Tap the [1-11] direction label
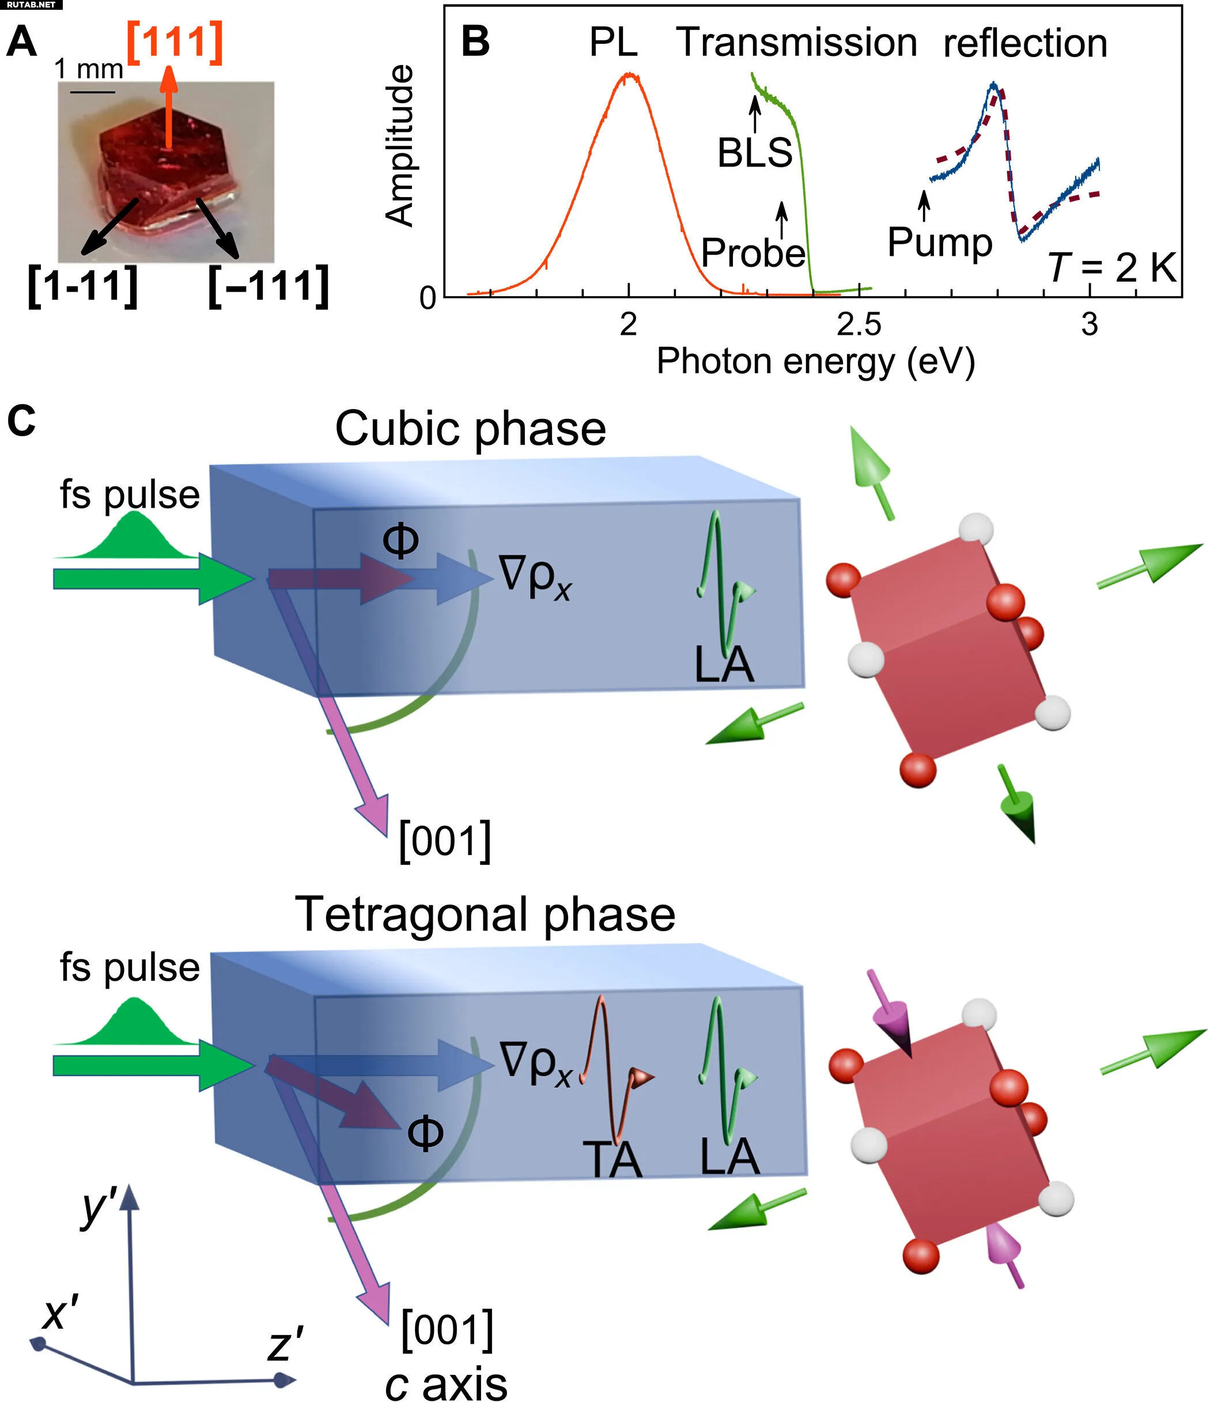(x=83, y=286)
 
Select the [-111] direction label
(x=269, y=286)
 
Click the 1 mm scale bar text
(x=88, y=69)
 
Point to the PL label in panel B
(x=614, y=43)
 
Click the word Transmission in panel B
(x=797, y=43)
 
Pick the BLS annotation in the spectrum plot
(x=755, y=153)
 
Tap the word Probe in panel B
(x=753, y=253)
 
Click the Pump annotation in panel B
(x=940, y=242)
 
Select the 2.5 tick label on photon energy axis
(x=859, y=326)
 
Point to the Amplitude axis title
(x=399, y=145)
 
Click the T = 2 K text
(x=1112, y=267)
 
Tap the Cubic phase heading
(x=470, y=429)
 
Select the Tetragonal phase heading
(x=485, y=914)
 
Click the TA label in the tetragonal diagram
(x=612, y=1161)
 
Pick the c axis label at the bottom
(x=446, y=1384)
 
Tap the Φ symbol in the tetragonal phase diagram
(x=425, y=1132)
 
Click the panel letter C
(x=21, y=421)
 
